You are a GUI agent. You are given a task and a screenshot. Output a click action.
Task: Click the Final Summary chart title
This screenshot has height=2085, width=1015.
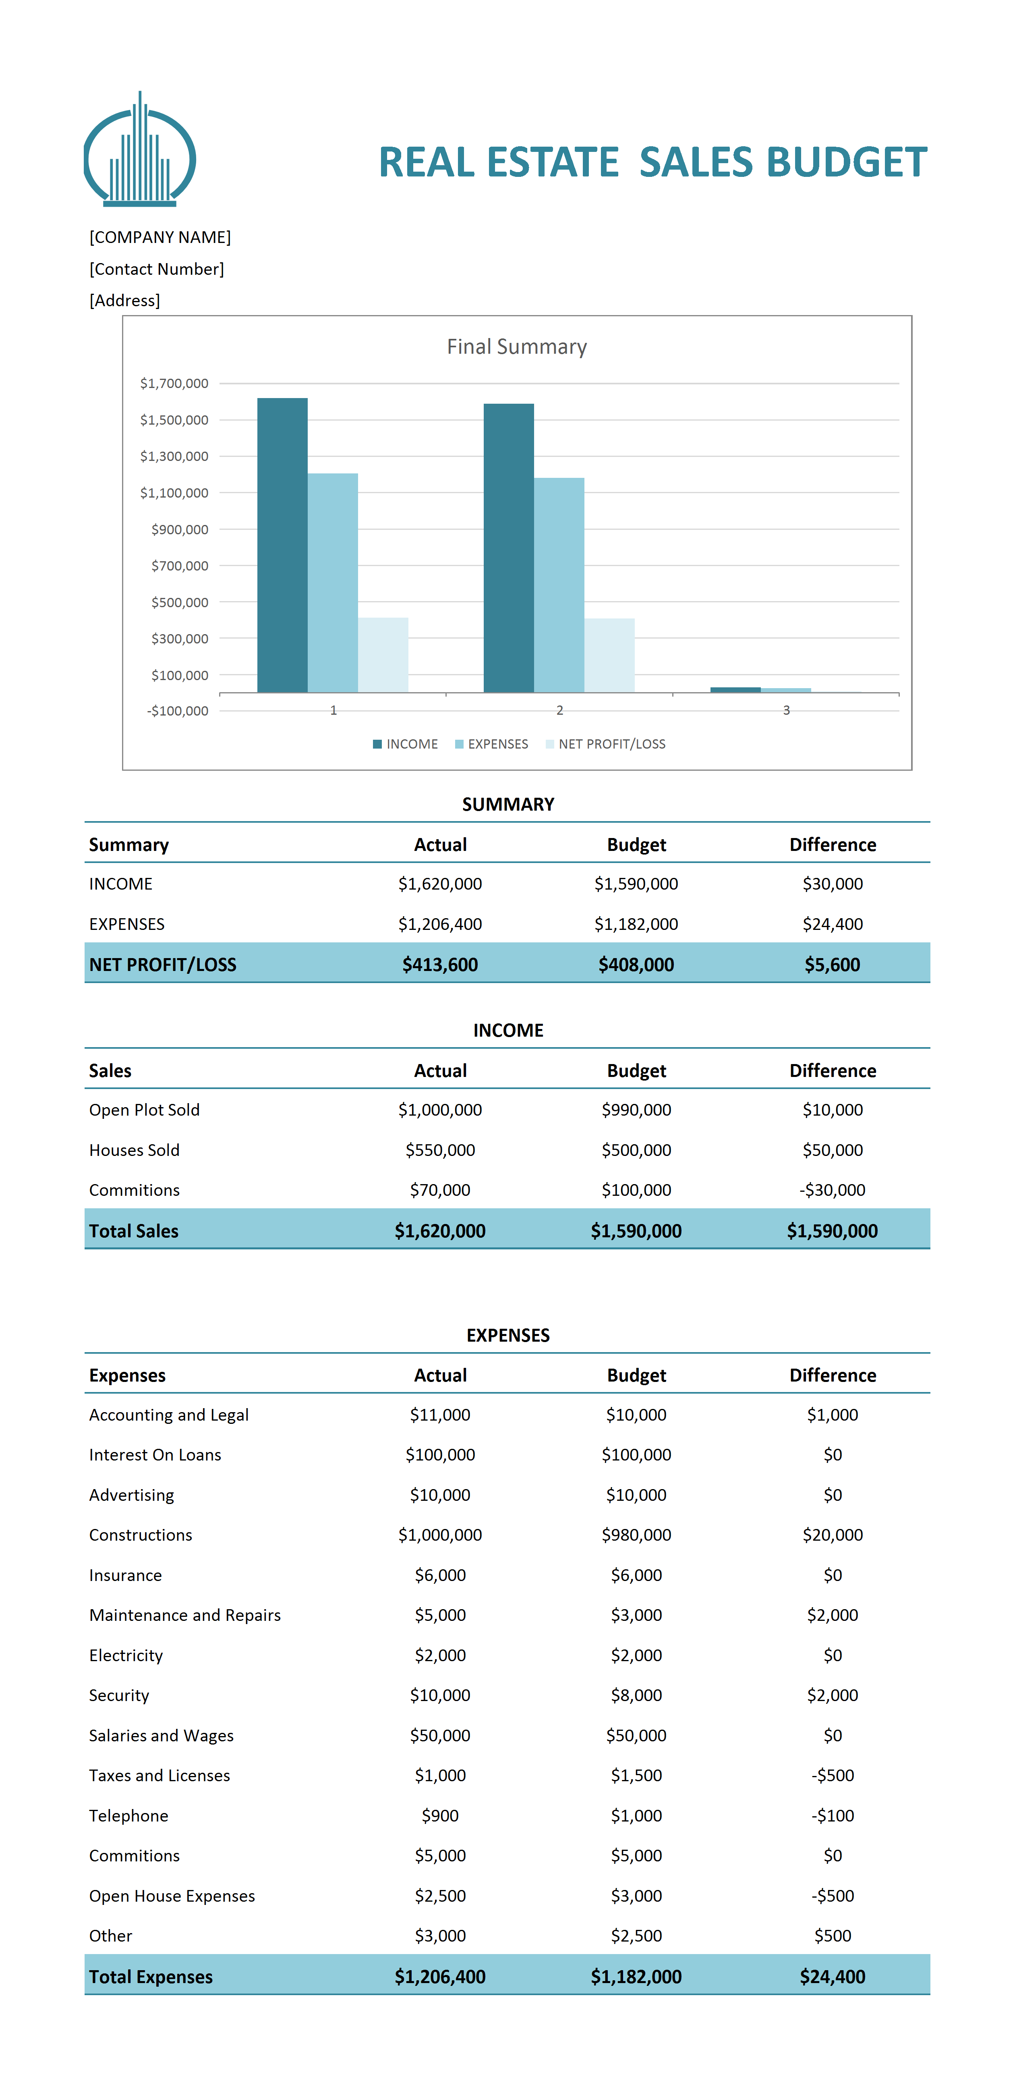[x=516, y=346]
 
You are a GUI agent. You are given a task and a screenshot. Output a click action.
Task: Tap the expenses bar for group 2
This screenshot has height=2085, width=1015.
[x=559, y=585]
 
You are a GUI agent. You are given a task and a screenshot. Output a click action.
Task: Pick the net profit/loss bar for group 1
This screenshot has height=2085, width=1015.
[x=383, y=655]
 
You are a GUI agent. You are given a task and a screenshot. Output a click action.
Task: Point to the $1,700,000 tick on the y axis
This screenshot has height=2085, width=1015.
[x=174, y=383]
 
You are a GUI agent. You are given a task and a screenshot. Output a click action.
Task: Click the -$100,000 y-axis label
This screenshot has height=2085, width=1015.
[x=177, y=711]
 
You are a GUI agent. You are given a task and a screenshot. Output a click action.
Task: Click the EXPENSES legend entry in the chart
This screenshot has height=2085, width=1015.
[x=491, y=744]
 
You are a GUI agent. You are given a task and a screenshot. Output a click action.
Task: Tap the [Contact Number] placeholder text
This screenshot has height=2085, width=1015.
[x=156, y=269]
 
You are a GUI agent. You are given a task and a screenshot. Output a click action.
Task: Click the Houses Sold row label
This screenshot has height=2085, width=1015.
[x=135, y=1149]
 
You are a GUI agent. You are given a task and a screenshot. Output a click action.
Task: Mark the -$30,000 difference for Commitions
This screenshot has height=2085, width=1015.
[x=832, y=1190]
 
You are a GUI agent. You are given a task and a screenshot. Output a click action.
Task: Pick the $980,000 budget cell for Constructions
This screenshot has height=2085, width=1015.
[x=636, y=1535]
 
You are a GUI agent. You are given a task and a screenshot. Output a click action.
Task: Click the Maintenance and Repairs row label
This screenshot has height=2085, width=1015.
[x=184, y=1615]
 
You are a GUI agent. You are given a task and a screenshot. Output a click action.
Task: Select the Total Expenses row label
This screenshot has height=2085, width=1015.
[x=151, y=1977]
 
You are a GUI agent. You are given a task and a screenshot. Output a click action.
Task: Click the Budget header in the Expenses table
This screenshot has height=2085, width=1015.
[x=636, y=1375]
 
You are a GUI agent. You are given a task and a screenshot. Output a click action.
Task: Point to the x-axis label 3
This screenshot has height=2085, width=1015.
[x=786, y=710]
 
